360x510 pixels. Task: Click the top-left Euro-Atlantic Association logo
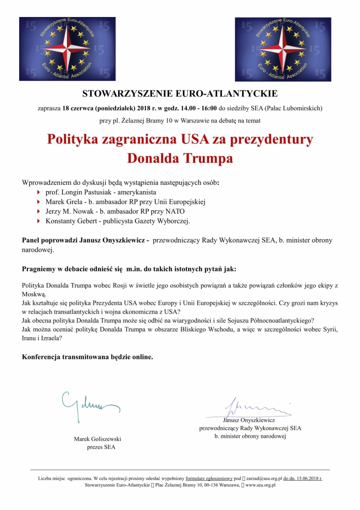coord(67,49)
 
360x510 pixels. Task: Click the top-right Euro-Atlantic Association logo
coord(283,49)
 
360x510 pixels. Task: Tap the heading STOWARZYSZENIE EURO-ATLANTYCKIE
coord(180,93)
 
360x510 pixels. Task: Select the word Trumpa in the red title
coord(208,158)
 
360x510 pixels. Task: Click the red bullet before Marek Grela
coord(39,202)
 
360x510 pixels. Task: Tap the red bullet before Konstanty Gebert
coord(39,221)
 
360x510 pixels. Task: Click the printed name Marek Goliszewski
coord(100,439)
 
